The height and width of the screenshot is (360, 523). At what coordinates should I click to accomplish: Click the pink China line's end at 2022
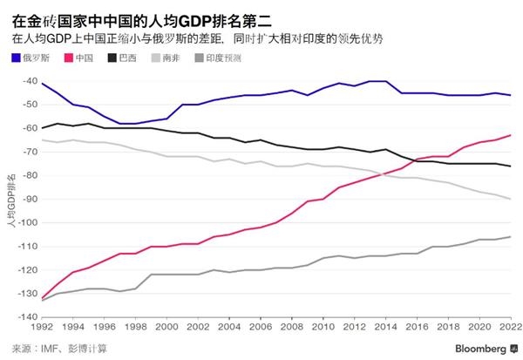pyautogui.click(x=510, y=135)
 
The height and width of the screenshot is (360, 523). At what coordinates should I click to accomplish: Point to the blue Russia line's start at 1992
pyautogui.click(x=41, y=82)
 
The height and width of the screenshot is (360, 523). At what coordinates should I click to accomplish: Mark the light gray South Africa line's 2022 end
pyautogui.click(x=510, y=199)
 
